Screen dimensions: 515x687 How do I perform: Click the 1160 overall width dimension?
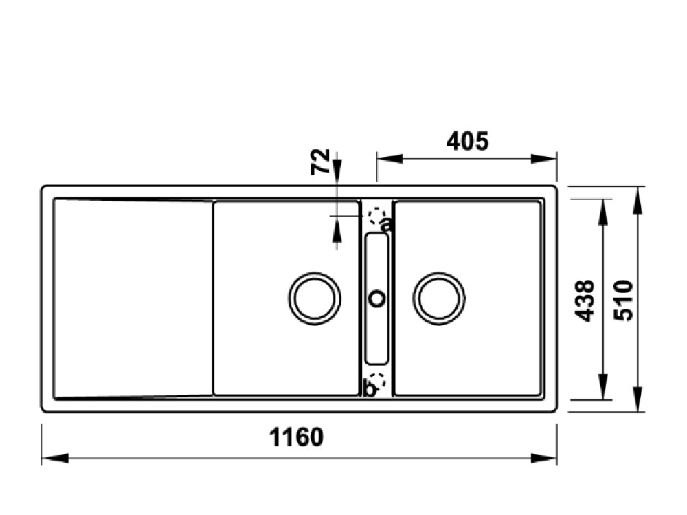coord(296,437)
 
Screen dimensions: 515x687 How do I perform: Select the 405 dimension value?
coord(467,141)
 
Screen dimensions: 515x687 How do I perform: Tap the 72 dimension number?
coord(321,162)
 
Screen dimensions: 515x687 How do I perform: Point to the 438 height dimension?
coord(585,300)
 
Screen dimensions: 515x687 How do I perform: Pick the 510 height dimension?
coord(625,300)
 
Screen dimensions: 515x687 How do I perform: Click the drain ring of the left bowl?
coord(314,298)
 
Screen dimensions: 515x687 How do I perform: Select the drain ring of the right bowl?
coord(439,298)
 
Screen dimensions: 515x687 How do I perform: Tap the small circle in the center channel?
coord(376,298)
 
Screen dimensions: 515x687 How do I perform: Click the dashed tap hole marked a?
coord(376,217)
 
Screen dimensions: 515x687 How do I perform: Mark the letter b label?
coord(369,390)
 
